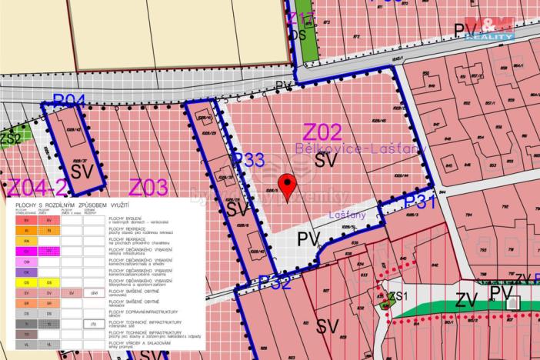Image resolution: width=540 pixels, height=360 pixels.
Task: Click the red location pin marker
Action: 288,185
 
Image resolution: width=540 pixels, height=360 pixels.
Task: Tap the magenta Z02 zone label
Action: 322,131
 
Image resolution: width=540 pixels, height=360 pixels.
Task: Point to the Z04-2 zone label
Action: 38,187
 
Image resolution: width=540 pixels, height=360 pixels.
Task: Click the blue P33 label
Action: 249,160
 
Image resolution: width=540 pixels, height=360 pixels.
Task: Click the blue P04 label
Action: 68,101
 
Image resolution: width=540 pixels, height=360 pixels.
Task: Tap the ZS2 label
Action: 10,138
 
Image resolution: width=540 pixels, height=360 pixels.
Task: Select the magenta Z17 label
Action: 302,17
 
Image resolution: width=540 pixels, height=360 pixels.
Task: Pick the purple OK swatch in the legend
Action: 26,272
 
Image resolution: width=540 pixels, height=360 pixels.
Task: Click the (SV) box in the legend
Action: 93,293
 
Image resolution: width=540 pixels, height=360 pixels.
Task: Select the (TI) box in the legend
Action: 93,325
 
